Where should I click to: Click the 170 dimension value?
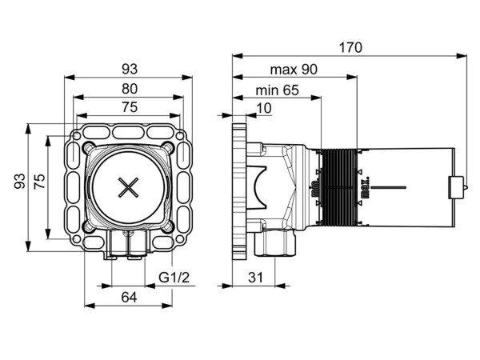tap(350, 48)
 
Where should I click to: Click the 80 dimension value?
tap(129, 89)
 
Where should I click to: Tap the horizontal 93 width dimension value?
tap(129, 70)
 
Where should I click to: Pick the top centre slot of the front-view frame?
tap(128, 131)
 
